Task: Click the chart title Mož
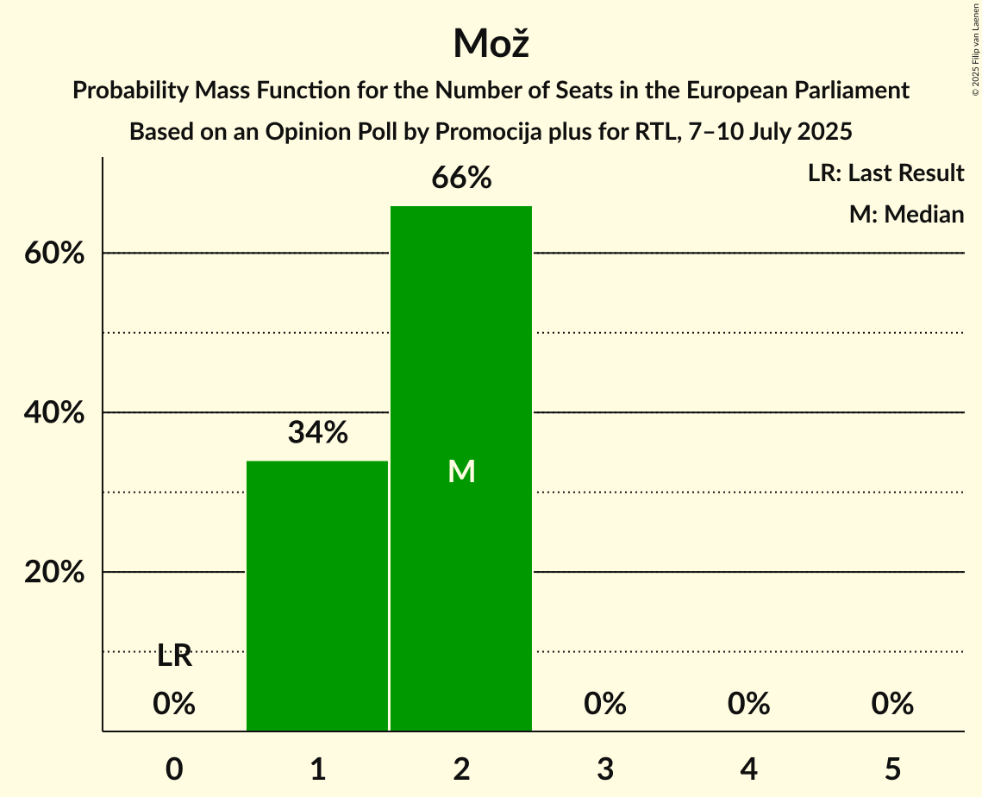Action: [491, 43]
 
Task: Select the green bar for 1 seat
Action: [317, 595]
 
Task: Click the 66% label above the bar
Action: [461, 179]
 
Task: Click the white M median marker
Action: [461, 471]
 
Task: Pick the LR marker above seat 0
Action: [174, 656]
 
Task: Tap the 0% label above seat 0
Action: [174, 704]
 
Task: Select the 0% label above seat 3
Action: [605, 704]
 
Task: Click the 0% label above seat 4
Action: [748, 704]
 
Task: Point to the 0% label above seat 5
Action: [892, 704]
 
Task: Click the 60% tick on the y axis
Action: [54, 254]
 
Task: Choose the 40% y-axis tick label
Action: [54, 413]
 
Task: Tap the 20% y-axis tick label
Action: [54, 573]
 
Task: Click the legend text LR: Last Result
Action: [885, 173]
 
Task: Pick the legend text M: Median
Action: [906, 214]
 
